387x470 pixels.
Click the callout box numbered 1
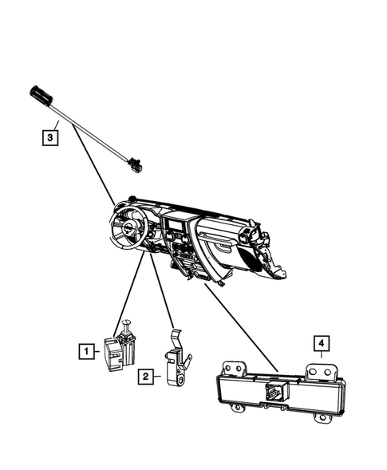[84, 349]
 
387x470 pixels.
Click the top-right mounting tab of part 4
[322, 372]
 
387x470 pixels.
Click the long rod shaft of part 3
[92, 133]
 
